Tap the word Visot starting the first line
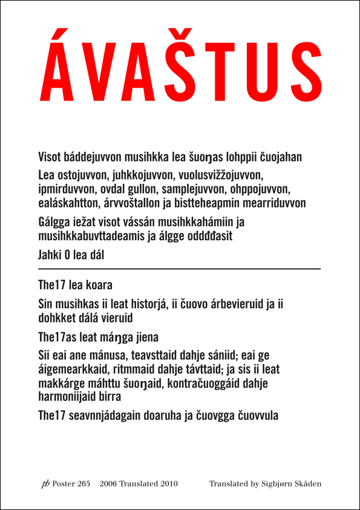tap(50, 157)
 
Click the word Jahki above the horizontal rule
tap(50, 255)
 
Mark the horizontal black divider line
tap(179, 268)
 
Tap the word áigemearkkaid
tap(71, 370)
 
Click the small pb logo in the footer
tap(45, 484)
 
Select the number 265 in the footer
tap(83, 484)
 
